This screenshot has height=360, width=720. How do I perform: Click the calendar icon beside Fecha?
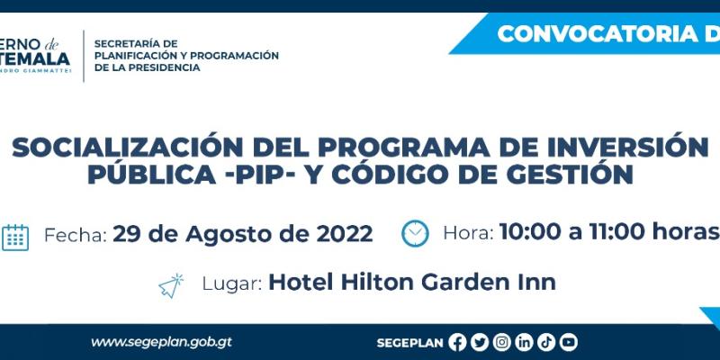coord(15,236)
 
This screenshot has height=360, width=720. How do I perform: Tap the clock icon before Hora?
coord(415,233)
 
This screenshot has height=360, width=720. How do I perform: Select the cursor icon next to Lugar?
coord(171,285)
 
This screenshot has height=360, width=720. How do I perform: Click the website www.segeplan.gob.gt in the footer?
coord(162,342)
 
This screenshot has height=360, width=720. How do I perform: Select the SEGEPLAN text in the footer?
coord(410,342)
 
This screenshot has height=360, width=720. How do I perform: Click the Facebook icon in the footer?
coord(457,342)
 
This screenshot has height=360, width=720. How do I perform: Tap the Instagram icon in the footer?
coord(501,342)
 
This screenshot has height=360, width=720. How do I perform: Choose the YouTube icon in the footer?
coord(568,342)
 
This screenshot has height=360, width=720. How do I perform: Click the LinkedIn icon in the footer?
coord(524,342)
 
